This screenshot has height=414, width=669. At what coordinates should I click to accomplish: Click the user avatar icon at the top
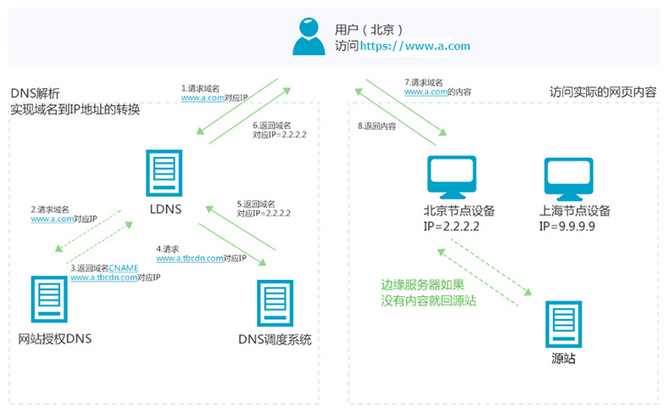point(309,36)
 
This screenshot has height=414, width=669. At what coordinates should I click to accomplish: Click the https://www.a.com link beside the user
point(415,46)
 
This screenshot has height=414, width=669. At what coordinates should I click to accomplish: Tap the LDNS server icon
point(164,173)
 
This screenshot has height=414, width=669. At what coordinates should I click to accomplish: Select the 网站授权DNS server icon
point(49,299)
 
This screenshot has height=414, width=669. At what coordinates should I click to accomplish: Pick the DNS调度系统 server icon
point(276,303)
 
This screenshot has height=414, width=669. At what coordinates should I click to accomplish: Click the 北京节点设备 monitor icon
point(452,177)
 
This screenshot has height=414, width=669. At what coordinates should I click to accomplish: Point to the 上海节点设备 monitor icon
point(569,179)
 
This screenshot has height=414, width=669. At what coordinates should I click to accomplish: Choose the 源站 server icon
point(564,324)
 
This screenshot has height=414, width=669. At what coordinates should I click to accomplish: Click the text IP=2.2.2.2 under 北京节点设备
point(451,227)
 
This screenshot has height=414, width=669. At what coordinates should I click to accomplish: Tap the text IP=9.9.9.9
point(567,227)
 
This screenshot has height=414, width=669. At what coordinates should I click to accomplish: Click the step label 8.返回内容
point(376,126)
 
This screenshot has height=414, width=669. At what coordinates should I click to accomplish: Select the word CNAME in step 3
point(123,268)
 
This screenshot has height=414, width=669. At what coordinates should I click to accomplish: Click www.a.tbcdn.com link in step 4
point(189,258)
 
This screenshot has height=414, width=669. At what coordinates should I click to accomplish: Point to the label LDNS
point(165,210)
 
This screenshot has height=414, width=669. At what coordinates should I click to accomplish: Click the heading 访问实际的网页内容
point(603,92)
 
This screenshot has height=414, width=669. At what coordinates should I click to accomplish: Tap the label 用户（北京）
point(369,30)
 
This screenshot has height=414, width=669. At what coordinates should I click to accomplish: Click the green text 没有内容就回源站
point(428,300)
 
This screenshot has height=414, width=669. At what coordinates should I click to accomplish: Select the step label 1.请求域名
point(200,88)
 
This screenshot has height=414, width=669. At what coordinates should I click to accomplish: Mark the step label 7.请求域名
point(424,82)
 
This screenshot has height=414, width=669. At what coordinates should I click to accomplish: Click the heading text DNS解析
point(35,93)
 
